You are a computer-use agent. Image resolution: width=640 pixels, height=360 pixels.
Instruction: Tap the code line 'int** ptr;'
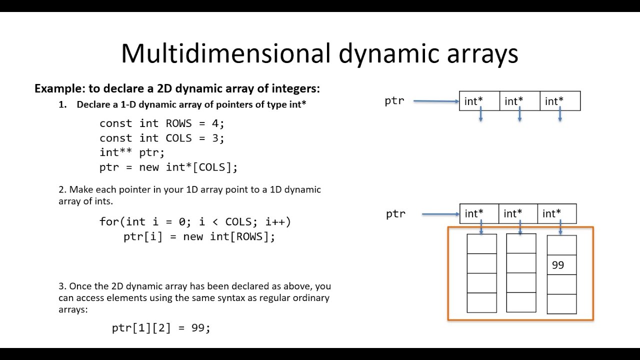pyautogui.click(x=132, y=152)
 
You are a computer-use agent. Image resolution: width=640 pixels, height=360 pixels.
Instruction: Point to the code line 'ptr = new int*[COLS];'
pyautogui.click(x=168, y=167)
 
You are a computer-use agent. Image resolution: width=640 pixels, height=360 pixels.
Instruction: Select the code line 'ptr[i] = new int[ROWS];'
pyautogui.click(x=199, y=236)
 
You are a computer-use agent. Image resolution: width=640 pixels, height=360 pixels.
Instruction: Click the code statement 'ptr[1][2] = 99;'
pyautogui.click(x=161, y=328)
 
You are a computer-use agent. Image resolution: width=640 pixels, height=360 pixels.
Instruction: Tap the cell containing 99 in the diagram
pyautogui.click(x=561, y=265)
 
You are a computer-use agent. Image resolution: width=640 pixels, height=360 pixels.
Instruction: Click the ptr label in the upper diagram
pyautogui.click(x=394, y=101)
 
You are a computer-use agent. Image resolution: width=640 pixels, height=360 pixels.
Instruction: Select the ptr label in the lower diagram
pyautogui.click(x=395, y=214)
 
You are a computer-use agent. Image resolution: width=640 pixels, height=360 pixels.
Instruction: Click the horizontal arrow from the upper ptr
pyautogui.click(x=436, y=101)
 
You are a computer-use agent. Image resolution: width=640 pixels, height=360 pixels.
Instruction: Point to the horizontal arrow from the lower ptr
pyautogui.click(x=440, y=214)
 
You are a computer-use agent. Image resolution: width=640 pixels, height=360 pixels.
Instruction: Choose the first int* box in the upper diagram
pyautogui.click(x=479, y=101)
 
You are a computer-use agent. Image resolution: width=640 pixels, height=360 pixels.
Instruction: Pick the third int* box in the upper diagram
pyautogui.click(x=560, y=101)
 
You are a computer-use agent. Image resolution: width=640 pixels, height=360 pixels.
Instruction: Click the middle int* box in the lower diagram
pyautogui.click(x=518, y=213)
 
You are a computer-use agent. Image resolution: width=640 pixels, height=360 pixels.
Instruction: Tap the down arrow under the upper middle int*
pyautogui.click(x=520, y=115)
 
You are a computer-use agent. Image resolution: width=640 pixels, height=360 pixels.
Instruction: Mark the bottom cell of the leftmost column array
pyautogui.click(x=481, y=302)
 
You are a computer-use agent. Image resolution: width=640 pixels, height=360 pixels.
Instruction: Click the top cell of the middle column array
pyautogui.click(x=521, y=243)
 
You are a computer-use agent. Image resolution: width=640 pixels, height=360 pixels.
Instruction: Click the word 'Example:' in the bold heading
pyautogui.click(x=60, y=89)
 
